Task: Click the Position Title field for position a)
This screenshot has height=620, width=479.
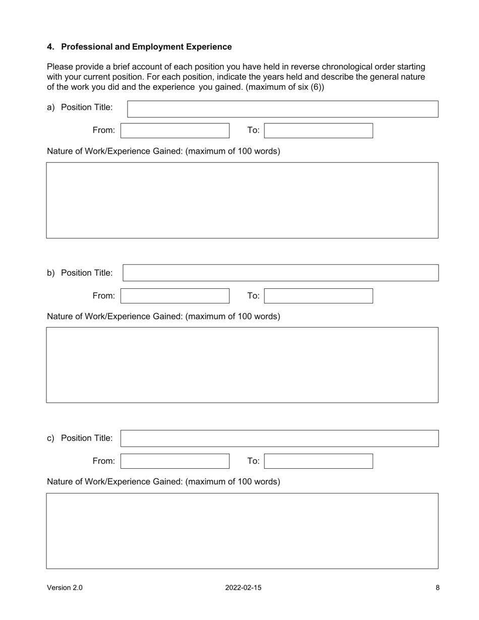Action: [x=282, y=109]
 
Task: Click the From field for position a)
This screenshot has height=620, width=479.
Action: [x=175, y=131]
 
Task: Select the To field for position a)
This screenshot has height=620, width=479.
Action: [x=319, y=131]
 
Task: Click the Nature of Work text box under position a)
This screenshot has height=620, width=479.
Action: [x=242, y=200]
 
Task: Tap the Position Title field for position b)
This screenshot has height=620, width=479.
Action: [x=280, y=273]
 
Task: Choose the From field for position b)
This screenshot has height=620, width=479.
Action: [x=175, y=296]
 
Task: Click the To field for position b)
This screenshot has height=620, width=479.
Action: [x=319, y=296]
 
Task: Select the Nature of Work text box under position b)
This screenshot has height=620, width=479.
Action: [x=242, y=365]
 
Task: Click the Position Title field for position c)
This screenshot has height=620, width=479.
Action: [x=279, y=438]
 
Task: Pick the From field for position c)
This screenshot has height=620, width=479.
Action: [x=175, y=461]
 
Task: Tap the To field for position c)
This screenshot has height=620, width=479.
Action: [x=319, y=461]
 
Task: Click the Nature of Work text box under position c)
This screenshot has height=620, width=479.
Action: [x=242, y=531]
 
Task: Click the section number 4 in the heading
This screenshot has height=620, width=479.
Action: [x=50, y=47]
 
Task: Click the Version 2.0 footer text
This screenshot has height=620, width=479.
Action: [x=65, y=587]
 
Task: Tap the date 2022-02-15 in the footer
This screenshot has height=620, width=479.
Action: [x=243, y=587]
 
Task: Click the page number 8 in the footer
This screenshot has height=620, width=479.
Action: [x=438, y=587]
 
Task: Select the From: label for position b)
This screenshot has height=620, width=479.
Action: [x=103, y=296]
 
